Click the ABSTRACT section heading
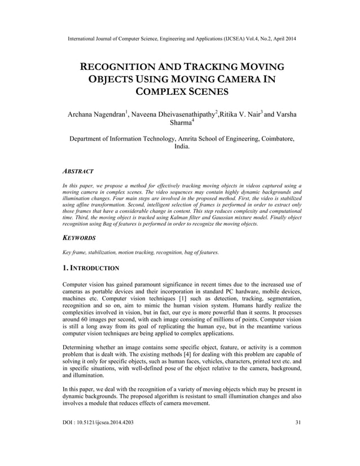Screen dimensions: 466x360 tap(78, 170)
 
